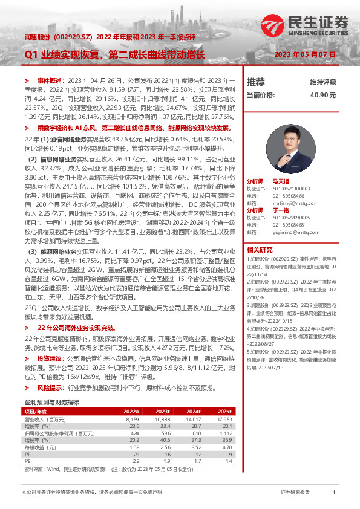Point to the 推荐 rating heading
[x=256, y=82]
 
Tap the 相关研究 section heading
[x=260, y=249]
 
